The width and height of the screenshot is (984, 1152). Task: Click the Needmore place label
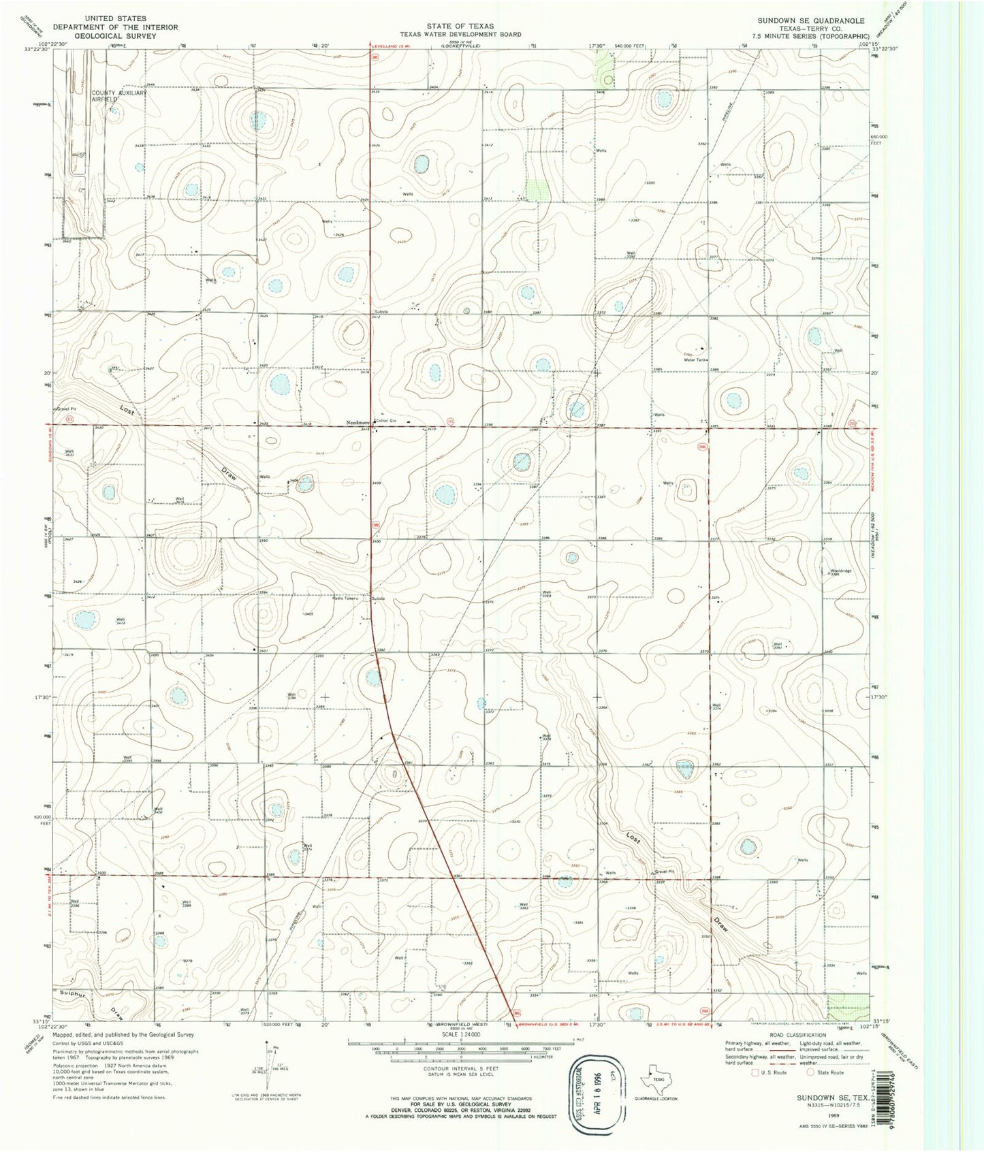click(x=356, y=422)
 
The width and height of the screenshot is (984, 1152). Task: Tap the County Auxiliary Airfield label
click(x=119, y=96)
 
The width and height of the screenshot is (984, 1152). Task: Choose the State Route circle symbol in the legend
click(x=810, y=1072)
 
